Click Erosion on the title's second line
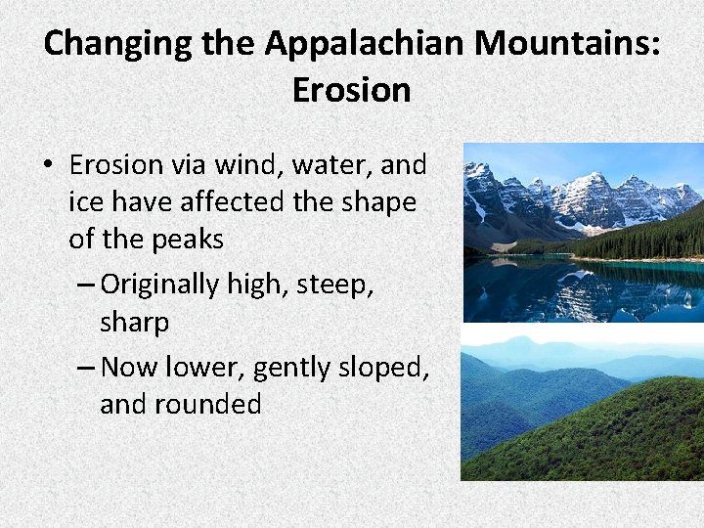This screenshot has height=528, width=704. (351, 90)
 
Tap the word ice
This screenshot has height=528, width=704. (84, 202)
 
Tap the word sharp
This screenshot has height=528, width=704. (134, 322)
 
